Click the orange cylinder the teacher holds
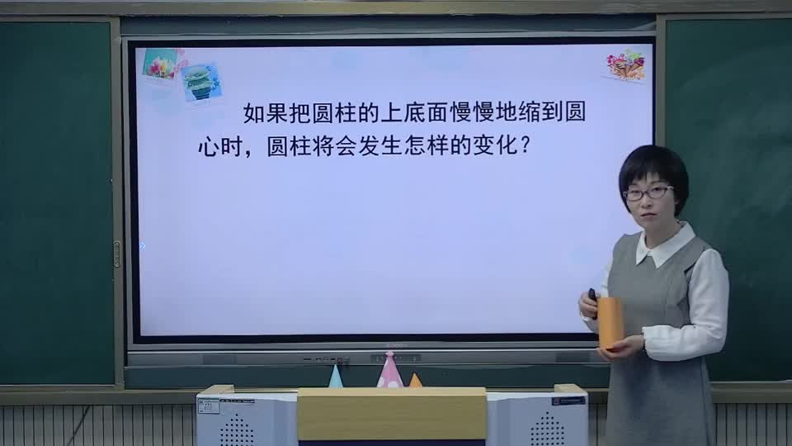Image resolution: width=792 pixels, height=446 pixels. pos(610,322)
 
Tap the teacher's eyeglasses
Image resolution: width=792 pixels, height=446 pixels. pos(648,193)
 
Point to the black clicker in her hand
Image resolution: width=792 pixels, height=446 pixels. pos(592,294)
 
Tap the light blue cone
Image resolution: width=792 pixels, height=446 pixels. pos(335,377)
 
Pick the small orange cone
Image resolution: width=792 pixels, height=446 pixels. pos(415,381)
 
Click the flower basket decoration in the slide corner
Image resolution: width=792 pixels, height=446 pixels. pos(625,65)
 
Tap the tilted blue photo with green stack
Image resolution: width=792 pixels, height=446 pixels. pos(201,82)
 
